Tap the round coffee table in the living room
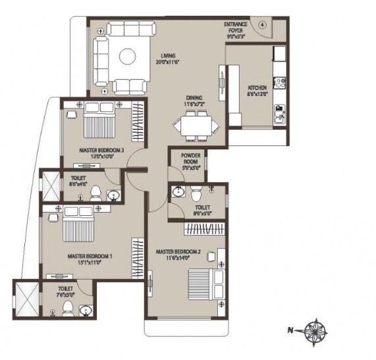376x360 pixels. (x=127, y=57)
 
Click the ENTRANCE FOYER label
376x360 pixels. (x=236, y=26)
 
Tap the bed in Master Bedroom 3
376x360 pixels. (x=99, y=120)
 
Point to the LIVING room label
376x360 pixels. (x=169, y=55)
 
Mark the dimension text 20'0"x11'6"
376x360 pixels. (x=169, y=62)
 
